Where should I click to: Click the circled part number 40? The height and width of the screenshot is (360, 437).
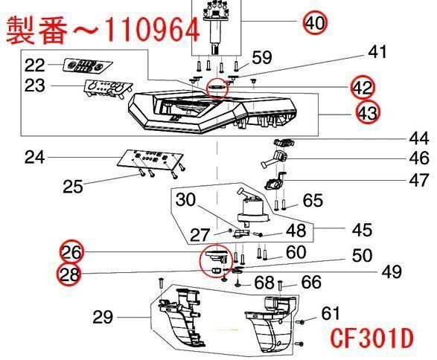pos(315,22)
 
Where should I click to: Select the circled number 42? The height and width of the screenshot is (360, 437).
pos(363,88)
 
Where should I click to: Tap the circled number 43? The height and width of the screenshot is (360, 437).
pos(369,113)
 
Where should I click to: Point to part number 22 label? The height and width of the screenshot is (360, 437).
pos(34,65)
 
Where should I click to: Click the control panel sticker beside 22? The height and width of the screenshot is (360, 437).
pos(87,65)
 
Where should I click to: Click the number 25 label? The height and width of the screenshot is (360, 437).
pos(73,186)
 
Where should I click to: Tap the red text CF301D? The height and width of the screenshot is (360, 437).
pos(372,338)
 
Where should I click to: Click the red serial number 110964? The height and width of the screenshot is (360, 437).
pos(153,29)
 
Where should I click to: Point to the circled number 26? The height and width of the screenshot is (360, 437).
pos(71,252)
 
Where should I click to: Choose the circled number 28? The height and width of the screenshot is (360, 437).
pos(68,274)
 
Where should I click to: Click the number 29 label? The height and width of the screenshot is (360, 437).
pos(103,317)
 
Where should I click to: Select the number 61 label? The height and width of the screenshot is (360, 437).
pos(331,313)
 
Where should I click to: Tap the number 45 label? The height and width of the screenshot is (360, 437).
pos(362,230)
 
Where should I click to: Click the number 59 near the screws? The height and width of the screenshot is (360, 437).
pos(262,57)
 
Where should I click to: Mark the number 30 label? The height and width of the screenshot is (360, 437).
pos(186,199)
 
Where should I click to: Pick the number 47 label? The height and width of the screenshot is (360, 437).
pos(419,180)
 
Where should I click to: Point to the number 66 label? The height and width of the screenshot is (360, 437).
pos(312,282)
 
